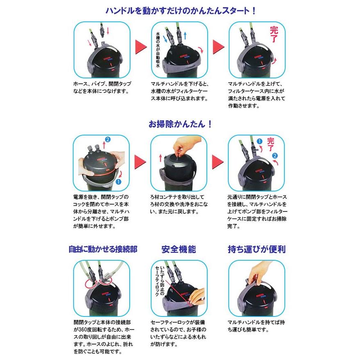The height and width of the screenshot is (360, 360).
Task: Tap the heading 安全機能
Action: click(x=179, y=249)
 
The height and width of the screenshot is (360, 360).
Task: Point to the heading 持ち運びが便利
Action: click(x=257, y=249)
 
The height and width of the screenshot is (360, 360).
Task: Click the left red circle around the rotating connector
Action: click(x=90, y=284)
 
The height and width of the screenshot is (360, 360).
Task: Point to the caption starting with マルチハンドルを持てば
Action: click(x=256, y=326)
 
